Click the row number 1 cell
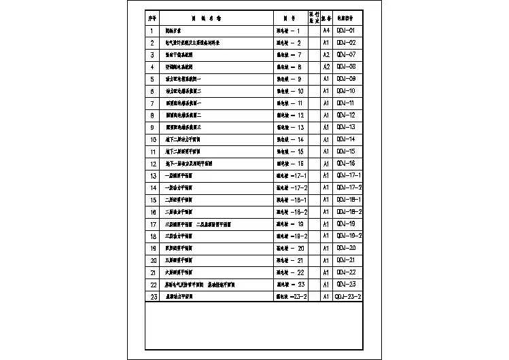pos(152,31)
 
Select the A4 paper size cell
pos(326,31)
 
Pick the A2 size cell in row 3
pos(326,55)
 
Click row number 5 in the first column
pos(152,79)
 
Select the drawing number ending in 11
pos(290,103)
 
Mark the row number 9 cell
pos(152,128)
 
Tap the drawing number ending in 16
pos(290,164)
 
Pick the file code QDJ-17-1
pos(349,176)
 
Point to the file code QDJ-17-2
pos(349,187)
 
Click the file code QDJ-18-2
pos(349,212)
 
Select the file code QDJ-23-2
pos(348,297)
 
